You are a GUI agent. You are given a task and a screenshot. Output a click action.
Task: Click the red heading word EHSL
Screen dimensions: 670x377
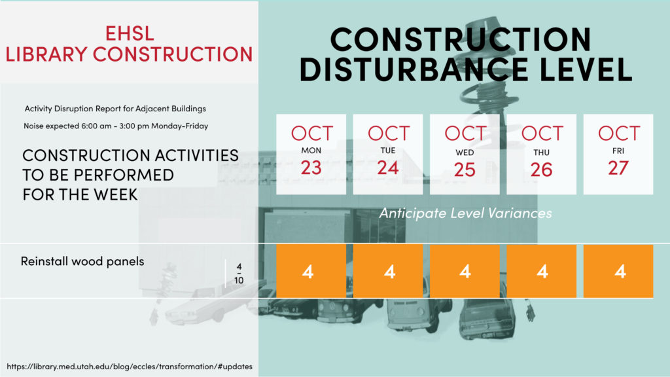pyautogui.click(x=130, y=33)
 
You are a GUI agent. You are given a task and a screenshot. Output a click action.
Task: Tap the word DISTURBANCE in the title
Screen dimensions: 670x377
pyautogui.click(x=414, y=69)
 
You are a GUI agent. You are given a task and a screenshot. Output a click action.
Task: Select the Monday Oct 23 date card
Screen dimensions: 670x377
pyautogui.click(x=311, y=154)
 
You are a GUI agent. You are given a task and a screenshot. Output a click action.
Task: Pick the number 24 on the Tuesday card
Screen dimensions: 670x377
pyautogui.click(x=387, y=168)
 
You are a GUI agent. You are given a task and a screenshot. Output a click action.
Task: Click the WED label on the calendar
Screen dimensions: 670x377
pyautogui.click(x=465, y=153)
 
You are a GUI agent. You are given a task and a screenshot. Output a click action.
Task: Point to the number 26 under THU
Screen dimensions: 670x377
pyautogui.click(x=541, y=170)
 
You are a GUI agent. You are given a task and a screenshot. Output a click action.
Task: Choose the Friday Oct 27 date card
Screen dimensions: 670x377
pyautogui.click(x=618, y=154)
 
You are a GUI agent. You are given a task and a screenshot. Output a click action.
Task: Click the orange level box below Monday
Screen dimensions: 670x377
pyautogui.click(x=311, y=271)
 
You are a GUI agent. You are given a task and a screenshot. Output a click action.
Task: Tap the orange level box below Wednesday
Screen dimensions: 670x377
pyautogui.click(x=465, y=271)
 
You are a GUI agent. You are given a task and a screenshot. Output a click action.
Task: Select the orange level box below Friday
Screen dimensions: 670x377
pyautogui.click(x=618, y=271)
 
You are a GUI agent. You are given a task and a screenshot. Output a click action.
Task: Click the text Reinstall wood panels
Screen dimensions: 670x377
pyautogui.click(x=82, y=261)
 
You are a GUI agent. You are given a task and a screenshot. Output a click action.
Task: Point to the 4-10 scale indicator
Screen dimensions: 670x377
pyautogui.click(x=239, y=274)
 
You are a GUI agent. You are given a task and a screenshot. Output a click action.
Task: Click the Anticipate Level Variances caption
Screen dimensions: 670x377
pyautogui.click(x=465, y=213)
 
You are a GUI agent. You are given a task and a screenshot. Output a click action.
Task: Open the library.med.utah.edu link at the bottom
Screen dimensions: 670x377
pyautogui.click(x=130, y=367)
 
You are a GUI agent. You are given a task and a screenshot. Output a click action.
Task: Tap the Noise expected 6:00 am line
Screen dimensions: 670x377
pyautogui.click(x=116, y=126)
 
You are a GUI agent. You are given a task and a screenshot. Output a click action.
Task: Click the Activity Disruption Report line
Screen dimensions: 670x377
pyautogui.click(x=115, y=109)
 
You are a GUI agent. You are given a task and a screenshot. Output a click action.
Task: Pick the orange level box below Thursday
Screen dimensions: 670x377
pyautogui.click(x=541, y=271)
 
